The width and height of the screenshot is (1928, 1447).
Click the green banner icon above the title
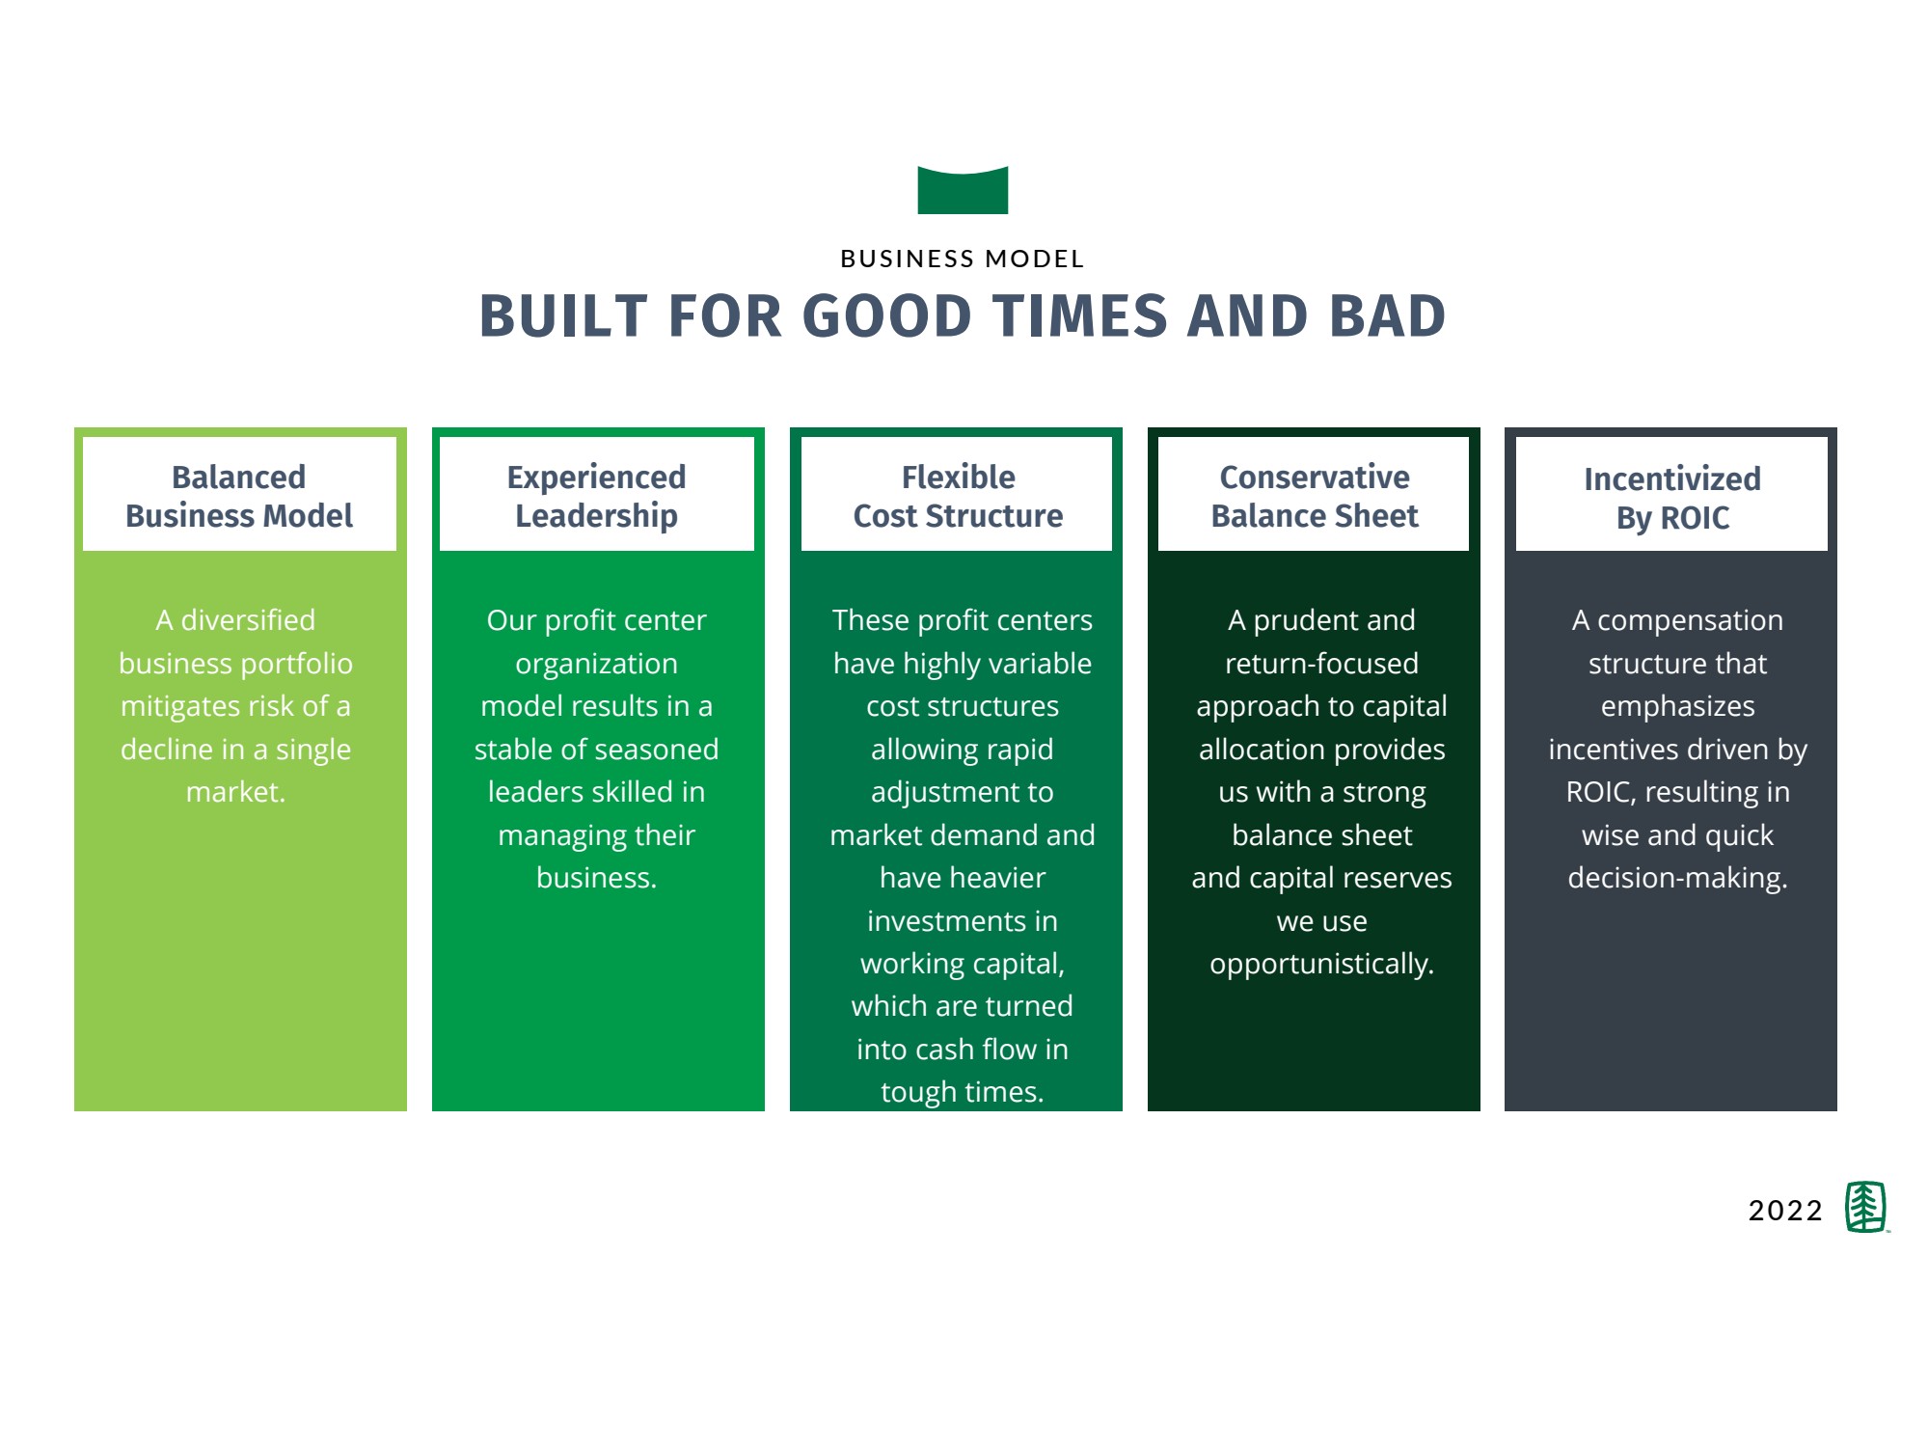[x=963, y=190]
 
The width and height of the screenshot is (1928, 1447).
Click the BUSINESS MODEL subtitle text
[x=963, y=259]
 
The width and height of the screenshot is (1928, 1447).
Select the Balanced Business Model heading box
[x=239, y=494]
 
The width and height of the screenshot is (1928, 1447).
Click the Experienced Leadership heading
[x=596, y=496]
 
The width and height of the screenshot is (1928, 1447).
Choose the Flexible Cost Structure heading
[x=958, y=496]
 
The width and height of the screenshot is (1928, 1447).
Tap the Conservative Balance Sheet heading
[x=1315, y=496]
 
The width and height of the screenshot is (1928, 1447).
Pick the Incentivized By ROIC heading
[x=1672, y=498]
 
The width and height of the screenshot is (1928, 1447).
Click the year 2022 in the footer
[x=1785, y=1211]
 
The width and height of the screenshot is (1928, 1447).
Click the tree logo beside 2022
[x=1866, y=1207]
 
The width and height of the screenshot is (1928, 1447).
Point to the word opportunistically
[x=1321, y=965]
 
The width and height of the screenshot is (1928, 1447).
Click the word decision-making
[x=1677, y=879]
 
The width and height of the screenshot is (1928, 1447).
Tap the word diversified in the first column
[x=248, y=619]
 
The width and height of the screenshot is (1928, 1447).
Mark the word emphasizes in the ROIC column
[x=1677, y=707]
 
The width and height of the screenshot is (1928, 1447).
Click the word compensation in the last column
[x=1690, y=621]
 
